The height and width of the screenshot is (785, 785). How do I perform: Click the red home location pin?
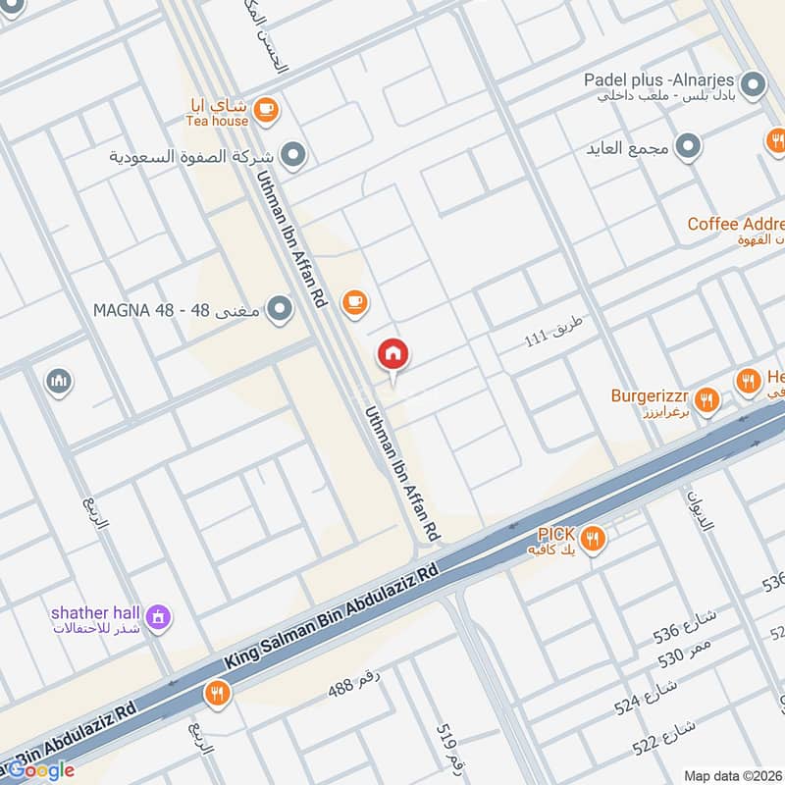pyautogui.click(x=393, y=354)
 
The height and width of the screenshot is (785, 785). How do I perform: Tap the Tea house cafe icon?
pyautogui.click(x=265, y=112)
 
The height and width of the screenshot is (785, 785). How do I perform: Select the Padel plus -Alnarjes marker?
pyautogui.click(x=754, y=85)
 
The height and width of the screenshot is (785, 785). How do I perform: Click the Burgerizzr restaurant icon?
pyautogui.click(x=706, y=399)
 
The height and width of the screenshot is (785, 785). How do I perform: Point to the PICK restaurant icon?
pyautogui.click(x=592, y=537)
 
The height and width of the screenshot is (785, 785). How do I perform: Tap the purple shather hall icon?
pyautogui.click(x=157, y=618)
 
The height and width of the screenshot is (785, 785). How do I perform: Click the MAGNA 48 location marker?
pyautogui.click(x=281, y=310)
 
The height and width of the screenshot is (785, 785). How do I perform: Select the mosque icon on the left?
pyautogui.click(x=59, y=381)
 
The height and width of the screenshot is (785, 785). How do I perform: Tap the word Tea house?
pyautogui.click(x=217, y=121)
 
